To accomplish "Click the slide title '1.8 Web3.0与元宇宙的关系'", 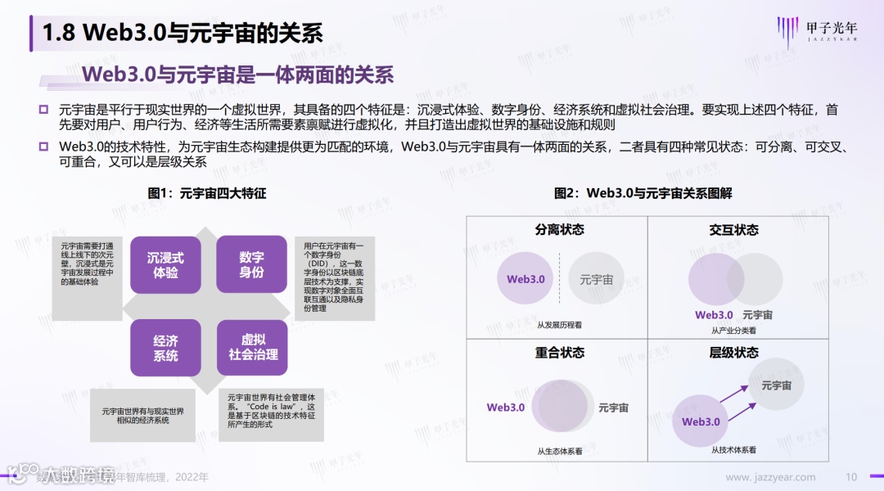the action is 182,32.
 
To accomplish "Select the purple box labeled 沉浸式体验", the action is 165,265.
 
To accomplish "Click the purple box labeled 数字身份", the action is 251,265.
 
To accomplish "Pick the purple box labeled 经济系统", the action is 165,348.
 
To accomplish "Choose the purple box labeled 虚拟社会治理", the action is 252,348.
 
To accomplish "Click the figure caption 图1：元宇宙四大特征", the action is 207,194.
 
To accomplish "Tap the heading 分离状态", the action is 560,230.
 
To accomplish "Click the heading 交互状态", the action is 733,230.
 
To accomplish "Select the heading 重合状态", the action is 560,353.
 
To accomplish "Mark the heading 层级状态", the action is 733,353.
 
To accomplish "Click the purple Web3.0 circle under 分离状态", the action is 525,279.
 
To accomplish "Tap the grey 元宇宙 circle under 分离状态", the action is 597,279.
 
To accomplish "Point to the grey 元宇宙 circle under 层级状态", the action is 776,385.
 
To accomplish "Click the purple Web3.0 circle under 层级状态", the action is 701,421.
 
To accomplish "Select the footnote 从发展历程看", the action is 560,325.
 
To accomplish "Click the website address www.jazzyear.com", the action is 770,477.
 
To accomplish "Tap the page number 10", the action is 851,477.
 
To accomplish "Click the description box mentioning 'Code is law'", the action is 273,409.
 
